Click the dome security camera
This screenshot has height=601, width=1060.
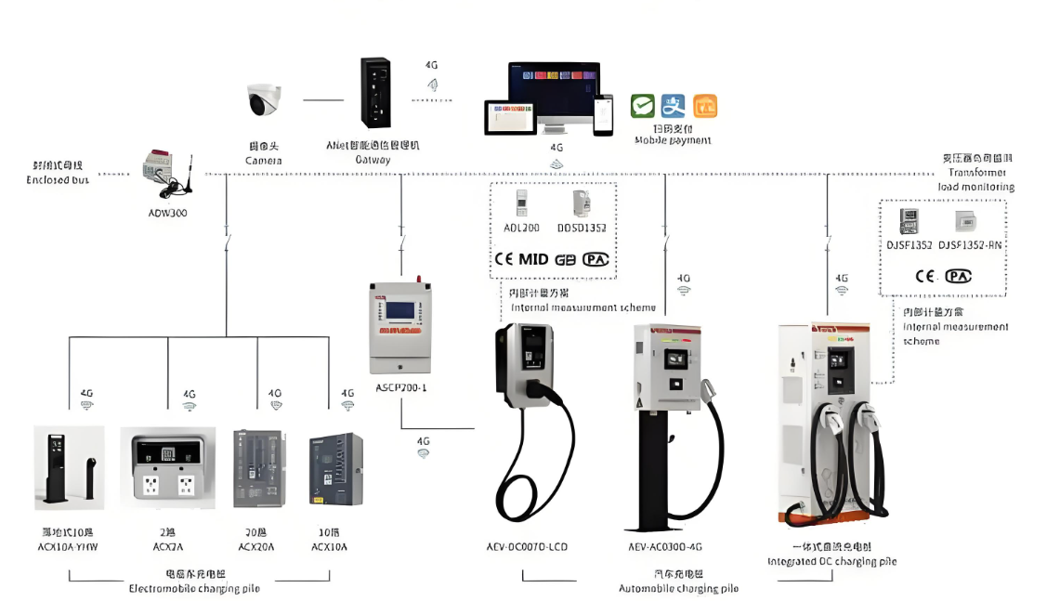click(x=264, y=100)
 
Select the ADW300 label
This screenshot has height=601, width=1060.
click(x=167, y=212)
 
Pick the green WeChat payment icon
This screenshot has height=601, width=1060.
click(x=643, y=106)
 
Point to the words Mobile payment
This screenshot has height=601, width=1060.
click(x=673, y=140)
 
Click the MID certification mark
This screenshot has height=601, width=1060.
click(x=533, y=259)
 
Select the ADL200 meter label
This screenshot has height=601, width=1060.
click(x=521, y=228)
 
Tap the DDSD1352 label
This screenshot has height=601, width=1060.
click(x=582, y=228)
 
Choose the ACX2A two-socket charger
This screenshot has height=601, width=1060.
click(x=167, y=465)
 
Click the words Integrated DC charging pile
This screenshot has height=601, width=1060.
click(x=832, y=561)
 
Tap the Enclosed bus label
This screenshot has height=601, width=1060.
click(x=59, y=179)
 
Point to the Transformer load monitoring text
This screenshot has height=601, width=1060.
click(x=975, y=179)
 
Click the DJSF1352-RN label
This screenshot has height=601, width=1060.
click(x=970, y=245)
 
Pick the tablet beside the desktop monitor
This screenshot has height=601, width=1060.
click(x=510, y=117)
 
